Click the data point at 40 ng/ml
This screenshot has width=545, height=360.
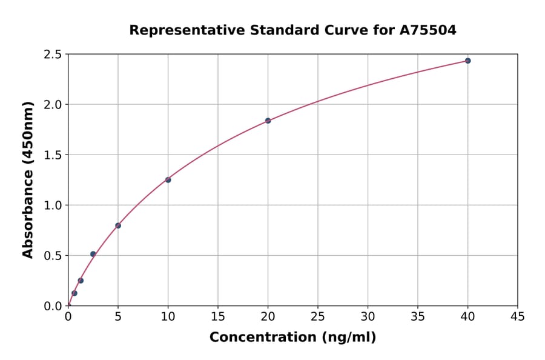(467, 61)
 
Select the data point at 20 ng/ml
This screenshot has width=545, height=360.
(268, 121)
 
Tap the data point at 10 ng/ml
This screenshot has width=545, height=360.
(168, 180)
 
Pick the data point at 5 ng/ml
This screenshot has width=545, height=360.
(118, 225)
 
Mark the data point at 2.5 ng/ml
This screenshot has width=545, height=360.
(93, 254)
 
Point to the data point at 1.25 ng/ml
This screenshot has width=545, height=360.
(81, 281)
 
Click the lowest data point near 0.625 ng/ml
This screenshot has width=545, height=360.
(74, 293)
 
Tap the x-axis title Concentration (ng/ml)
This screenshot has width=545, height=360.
(292, 337)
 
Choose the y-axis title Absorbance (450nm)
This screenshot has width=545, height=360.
(28, 180)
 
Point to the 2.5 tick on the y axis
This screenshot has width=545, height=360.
(53, 55)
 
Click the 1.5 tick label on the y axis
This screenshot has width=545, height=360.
(53, 155)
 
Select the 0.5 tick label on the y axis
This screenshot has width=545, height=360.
(53, 256)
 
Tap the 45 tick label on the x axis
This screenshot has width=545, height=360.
(518, 316)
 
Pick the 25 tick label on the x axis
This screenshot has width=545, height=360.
(318, 316)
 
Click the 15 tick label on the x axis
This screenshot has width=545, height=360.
(218, 316)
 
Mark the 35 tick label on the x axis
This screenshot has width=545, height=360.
(418, 316)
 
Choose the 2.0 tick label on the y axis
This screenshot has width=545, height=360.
(53, 105)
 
